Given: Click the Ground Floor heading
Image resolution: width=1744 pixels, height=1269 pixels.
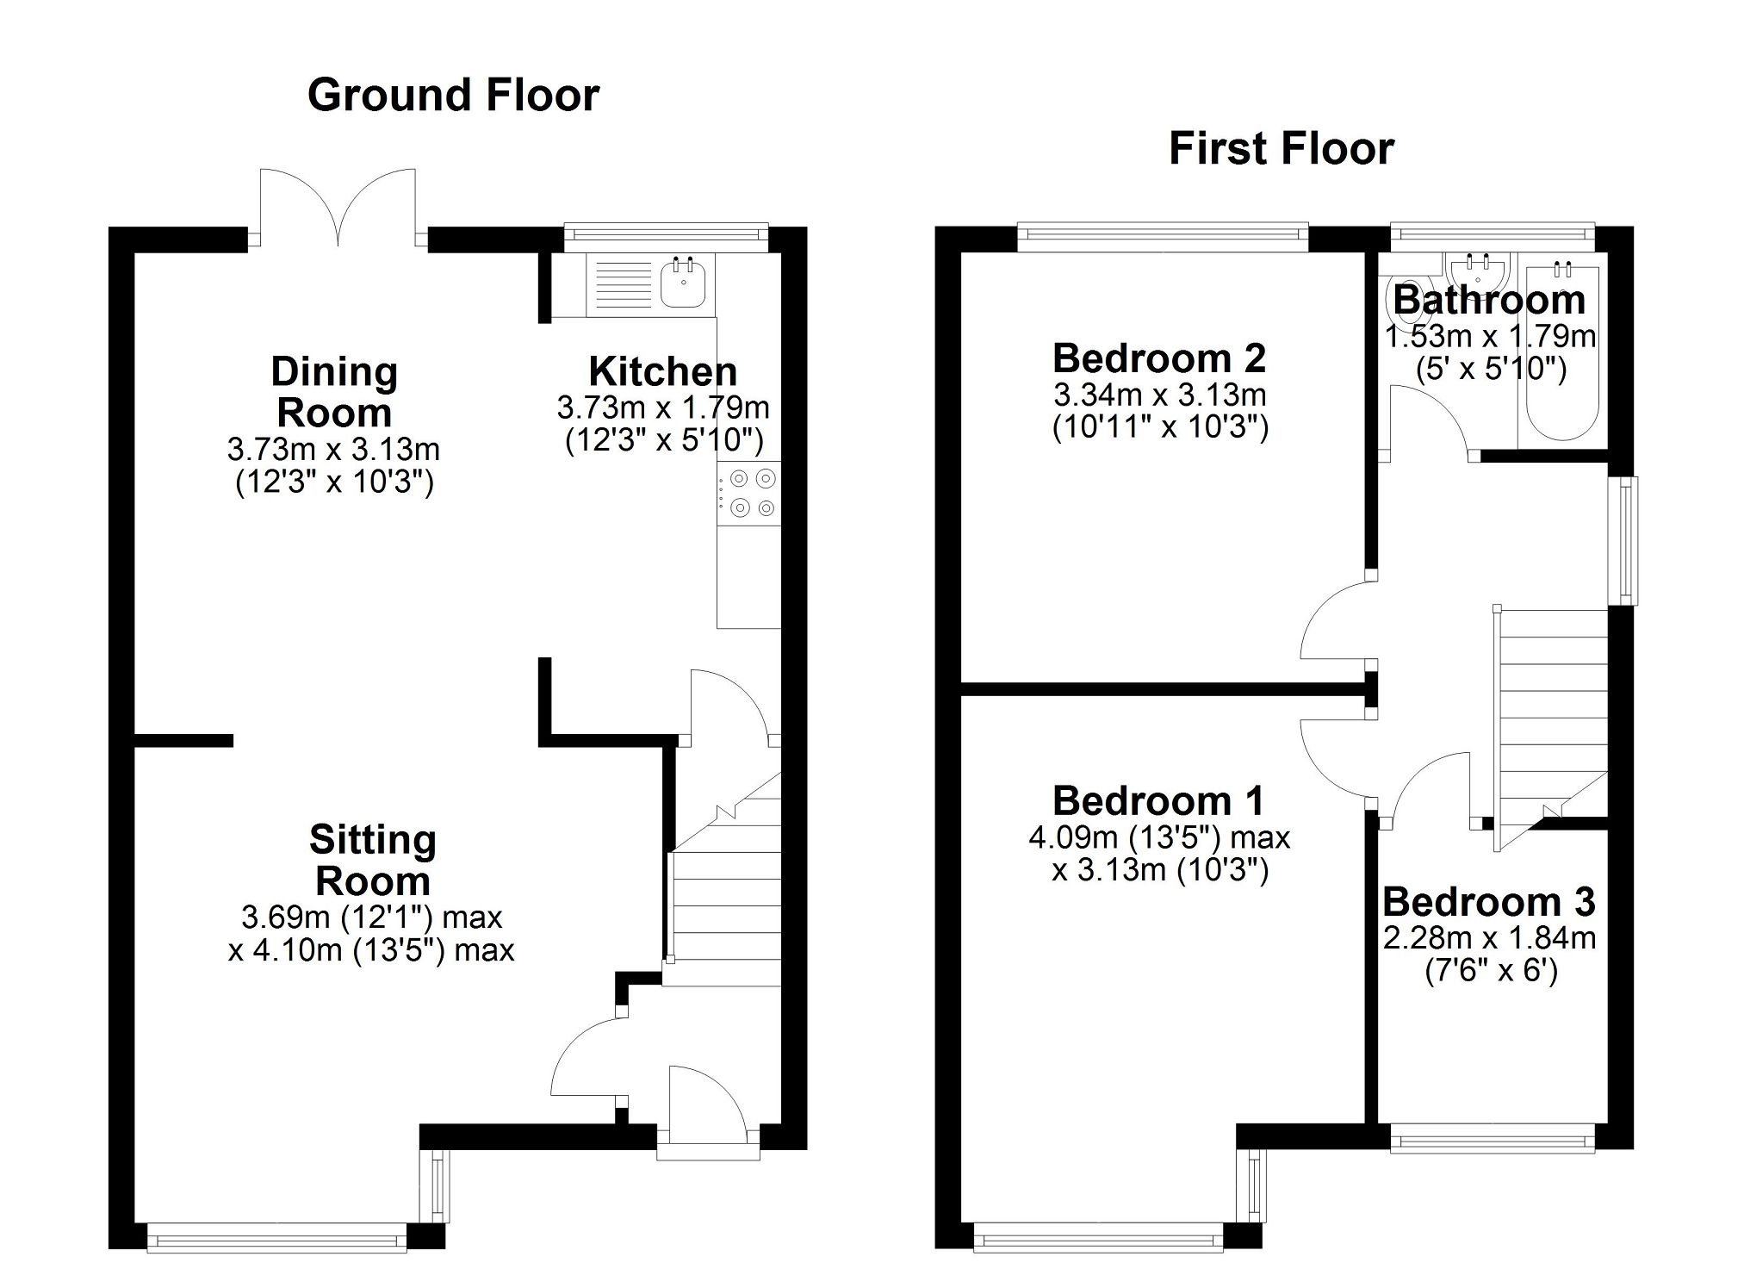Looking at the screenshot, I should (x=453, y=96).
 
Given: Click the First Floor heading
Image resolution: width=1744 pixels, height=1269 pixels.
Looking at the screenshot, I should (x=1281, y=149).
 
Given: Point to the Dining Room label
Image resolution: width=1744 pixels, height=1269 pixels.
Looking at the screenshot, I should (x=334, y=392).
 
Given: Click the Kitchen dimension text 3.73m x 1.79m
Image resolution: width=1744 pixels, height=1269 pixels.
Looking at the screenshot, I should (x=663, y=407).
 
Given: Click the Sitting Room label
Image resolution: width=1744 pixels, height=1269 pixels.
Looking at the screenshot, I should (x=373, y=860).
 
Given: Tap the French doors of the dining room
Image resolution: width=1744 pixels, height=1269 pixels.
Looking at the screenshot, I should (x=338, y=207).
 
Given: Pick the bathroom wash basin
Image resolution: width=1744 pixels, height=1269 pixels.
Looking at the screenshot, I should (x=1478, y=271).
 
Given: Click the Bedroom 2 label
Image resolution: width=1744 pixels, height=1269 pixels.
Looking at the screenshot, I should (x=1159, y=358).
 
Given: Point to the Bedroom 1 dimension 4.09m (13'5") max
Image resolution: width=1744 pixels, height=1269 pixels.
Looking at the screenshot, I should (x=1159, y=837).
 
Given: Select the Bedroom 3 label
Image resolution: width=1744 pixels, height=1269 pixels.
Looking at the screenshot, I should (x=1489, y=902).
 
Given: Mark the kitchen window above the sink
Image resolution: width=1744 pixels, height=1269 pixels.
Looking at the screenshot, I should (x=665, y=233).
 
